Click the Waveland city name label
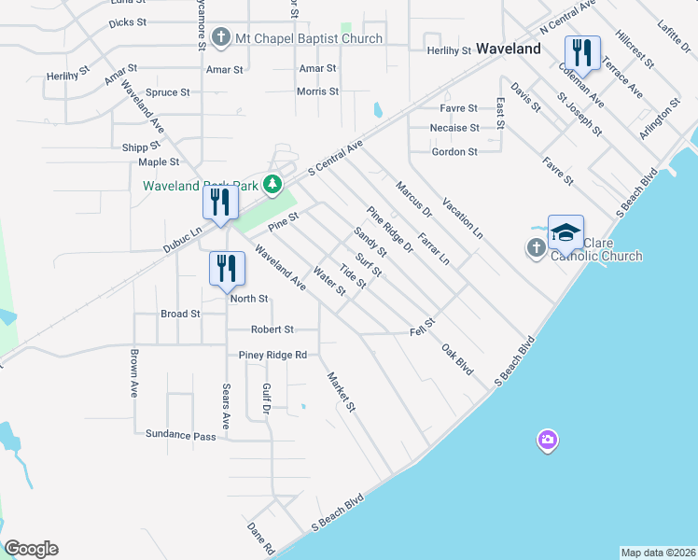(x=509, y=48)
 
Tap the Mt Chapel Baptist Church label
(x=309, y=38)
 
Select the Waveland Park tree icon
(x=272, y=184)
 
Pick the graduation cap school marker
(x=565, y=233)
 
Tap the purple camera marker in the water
(x=547, y=440)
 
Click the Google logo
(x=31, y=549)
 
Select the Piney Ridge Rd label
(x=272, y=356)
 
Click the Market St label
(x=342, y=392)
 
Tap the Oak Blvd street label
(x=457, y=359)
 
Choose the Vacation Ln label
(x=463, y=218)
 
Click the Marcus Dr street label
(x=408, y=199)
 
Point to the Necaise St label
(x=454, y=128)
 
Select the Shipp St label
(x=142, y=147)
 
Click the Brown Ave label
(x=134, y=374)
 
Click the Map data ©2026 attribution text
(x=658, y=553)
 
